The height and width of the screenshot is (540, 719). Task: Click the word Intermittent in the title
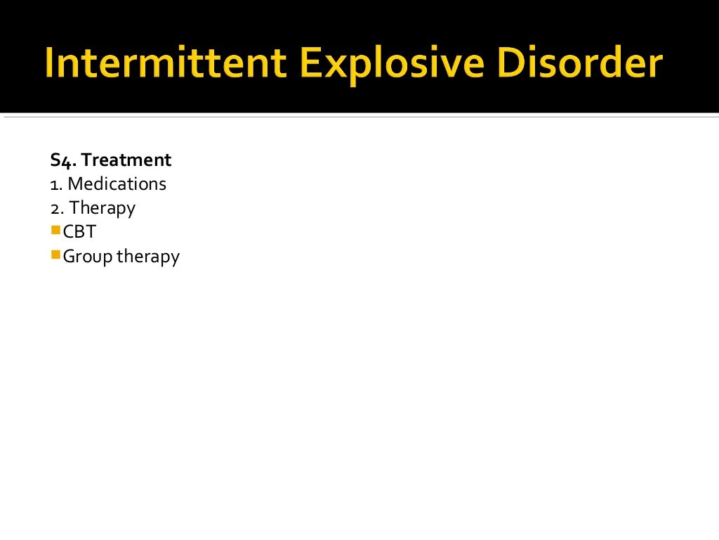click(164, 63)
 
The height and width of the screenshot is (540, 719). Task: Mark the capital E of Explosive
click(310, 63)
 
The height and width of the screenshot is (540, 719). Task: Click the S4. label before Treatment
click(63, 160)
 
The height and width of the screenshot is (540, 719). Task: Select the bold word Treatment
click(126, 160)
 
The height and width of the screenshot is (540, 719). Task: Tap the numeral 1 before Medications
click(53, 184)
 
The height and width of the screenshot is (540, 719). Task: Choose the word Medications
click(117, 184)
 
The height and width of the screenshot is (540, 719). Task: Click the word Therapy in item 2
click(103, 208)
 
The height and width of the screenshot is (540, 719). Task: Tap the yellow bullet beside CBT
click(55, 229)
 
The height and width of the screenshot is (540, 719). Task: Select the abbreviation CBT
click(79, 232)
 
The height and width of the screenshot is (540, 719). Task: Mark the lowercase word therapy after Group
click(148, 257)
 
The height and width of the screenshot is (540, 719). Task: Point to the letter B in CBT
click(79, 232)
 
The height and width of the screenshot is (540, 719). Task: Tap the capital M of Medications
click(75, 184)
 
